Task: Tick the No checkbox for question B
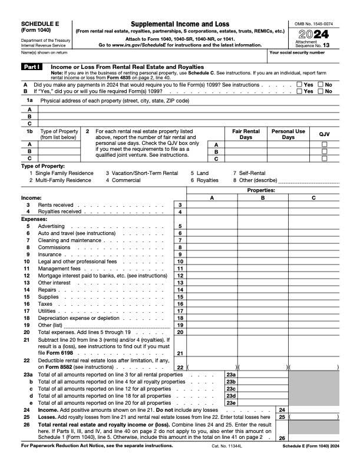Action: [x=321, y=91]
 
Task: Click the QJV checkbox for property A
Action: [x=324, y=145]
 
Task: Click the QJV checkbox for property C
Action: [x=324, y=158]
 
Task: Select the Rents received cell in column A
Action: [x=212, y=204]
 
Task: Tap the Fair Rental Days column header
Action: [x=246, y=134]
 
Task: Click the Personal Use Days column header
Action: [x=288, y=134]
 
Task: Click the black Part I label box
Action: [x=32, y=67]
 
